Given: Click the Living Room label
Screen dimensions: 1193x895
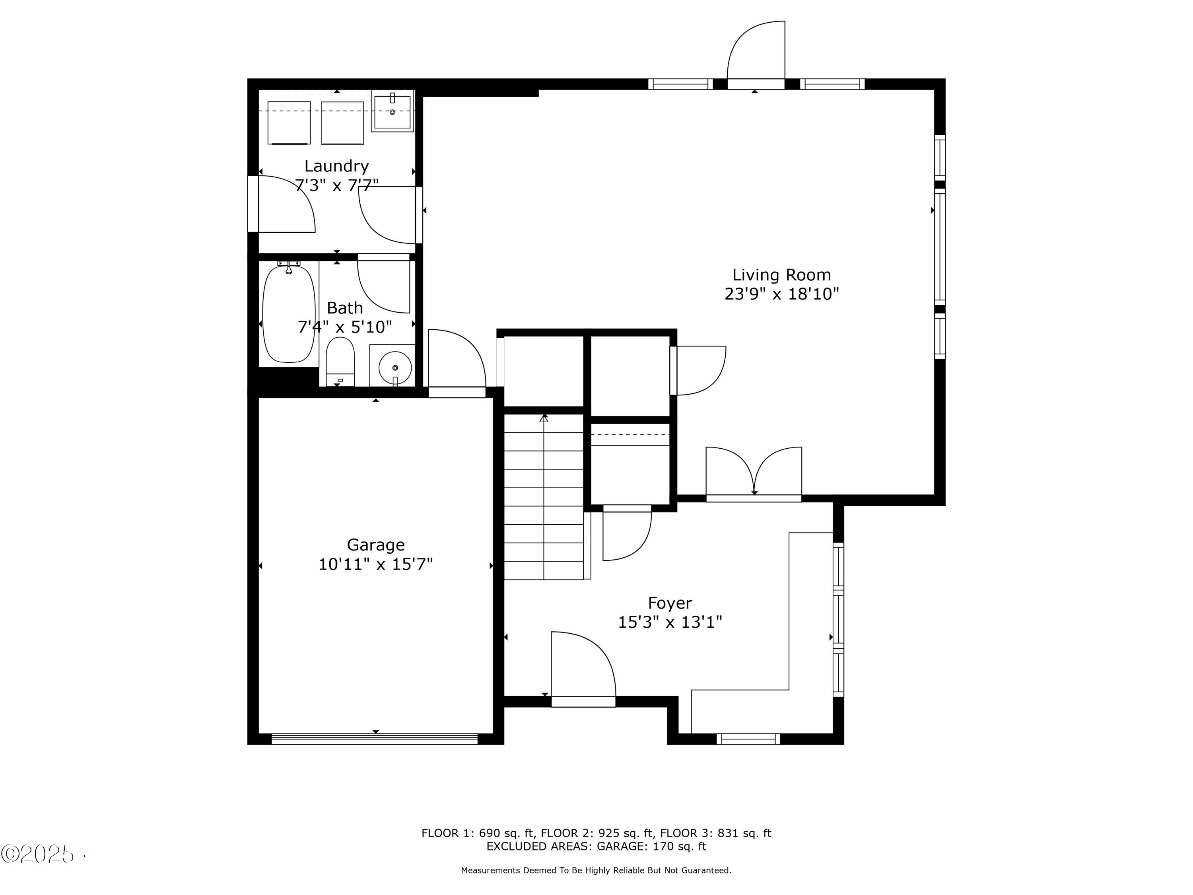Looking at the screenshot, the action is point(781,275).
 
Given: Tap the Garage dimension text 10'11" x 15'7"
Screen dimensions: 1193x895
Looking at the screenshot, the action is point(375,564).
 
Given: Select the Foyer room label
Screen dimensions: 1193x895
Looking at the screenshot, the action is point(670,603).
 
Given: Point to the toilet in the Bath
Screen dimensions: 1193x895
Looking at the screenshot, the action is point(340,362).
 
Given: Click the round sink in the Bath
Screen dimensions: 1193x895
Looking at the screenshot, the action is point(395,368).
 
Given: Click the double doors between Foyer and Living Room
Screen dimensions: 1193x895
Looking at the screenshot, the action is point(754,471).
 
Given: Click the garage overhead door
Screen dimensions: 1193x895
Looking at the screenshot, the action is point(374,739).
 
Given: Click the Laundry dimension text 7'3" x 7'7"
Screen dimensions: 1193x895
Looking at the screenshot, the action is point(336,186).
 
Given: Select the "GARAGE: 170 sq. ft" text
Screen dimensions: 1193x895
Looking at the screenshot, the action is point(651,846).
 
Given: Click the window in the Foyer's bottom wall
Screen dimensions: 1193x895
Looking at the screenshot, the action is point(748,739).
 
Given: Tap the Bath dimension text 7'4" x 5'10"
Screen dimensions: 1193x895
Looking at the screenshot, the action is point(345,327).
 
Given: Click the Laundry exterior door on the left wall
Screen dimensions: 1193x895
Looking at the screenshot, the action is point(281,204).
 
